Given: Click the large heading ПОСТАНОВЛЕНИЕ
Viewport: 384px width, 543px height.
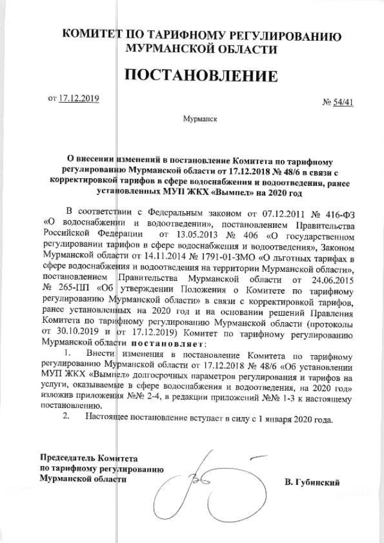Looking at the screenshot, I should point(201,76).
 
